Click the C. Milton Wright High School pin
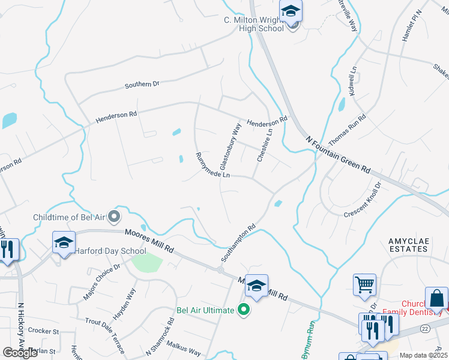[x=291, y=12]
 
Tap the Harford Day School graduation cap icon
[x=64, y=243]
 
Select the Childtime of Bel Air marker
[x=115, y=216]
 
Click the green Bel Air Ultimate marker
[x=243, y=310]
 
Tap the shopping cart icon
[x=365, y=285]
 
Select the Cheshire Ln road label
[x=261, y=147]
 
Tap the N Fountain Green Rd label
[x=337, y=154]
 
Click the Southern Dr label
[x=142, y=85]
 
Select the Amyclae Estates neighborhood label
[x=413, y=244]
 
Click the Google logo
[x=20, y=353]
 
